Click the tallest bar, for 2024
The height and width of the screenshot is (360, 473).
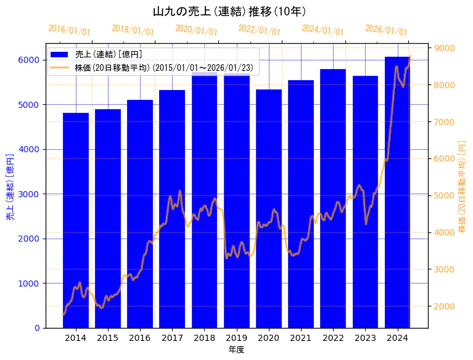(397, 192)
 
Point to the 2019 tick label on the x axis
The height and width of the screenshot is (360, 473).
(237, 338)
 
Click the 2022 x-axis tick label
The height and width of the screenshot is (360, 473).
(333, 338)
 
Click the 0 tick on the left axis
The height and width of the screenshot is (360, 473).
(38, 328)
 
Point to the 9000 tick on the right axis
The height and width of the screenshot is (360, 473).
(445, 48)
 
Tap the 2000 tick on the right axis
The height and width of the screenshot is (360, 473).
(445, 306)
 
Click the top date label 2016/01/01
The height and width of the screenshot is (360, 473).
(69, 30)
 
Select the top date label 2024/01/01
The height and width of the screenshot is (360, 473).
(323, 30)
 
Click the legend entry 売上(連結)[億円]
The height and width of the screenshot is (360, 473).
(109, 55)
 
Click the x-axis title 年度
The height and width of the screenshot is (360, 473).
(236, 350)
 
